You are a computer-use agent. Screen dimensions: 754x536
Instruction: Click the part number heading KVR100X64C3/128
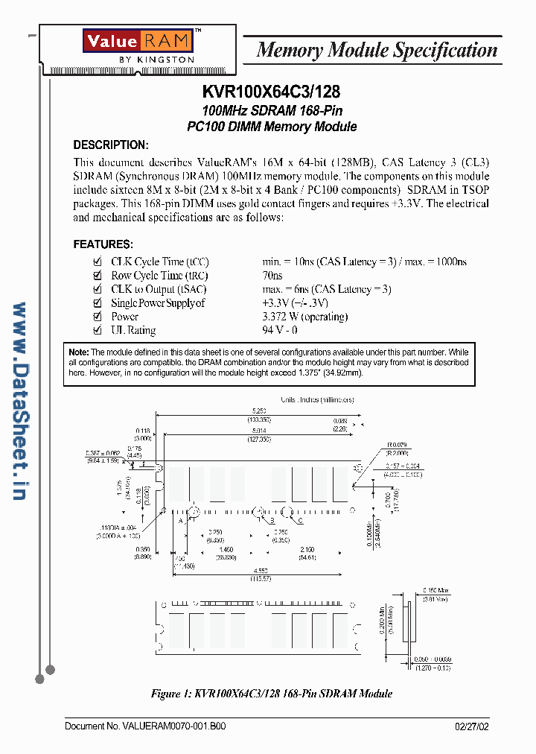point(271,92)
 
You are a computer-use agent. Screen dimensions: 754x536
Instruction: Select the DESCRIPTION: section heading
point(111,145)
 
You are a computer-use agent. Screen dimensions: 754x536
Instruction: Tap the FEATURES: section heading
point(103,244)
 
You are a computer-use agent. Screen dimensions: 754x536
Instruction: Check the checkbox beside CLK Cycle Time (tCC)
point(97,262)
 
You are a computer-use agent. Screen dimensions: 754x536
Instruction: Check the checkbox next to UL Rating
point(97,330)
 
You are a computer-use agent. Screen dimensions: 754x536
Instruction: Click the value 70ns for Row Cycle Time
point(272,276)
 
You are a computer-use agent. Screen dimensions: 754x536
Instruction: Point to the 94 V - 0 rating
point(280,330)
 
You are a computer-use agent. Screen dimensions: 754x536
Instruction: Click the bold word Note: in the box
point(78,352)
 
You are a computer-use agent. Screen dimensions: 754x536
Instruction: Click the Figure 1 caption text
point(271,693)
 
